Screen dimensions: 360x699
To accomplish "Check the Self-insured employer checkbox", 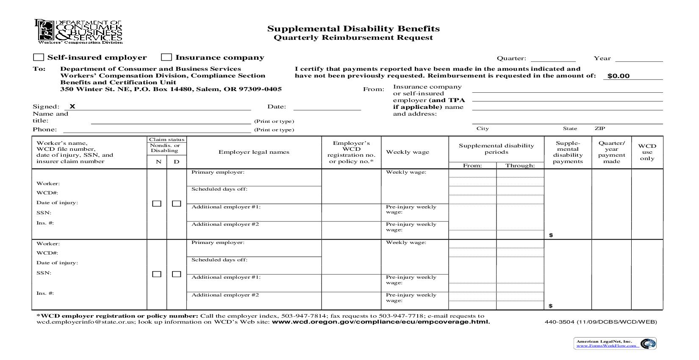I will tap(39, 58).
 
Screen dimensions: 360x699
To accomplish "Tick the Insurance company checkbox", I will tap(167, 58).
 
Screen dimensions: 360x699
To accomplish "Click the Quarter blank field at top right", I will tap(553, 58).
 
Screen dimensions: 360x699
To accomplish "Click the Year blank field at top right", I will tap(639, 58).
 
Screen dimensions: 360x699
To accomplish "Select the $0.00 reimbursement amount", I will tap(619, 76).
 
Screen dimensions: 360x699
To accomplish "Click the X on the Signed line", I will tap(72, 107).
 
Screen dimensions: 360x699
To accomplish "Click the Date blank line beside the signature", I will tap(327, 107).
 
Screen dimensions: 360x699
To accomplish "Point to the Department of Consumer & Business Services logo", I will tap(79, 32).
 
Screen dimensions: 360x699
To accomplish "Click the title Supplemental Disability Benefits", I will tap(353, 29).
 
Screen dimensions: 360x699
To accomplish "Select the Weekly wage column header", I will tap(408, 152).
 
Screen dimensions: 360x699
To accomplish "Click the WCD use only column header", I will tap(647, 152).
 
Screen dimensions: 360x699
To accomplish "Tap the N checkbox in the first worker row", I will tap(157, 204).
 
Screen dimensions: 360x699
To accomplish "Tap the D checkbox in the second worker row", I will tap(177, 274).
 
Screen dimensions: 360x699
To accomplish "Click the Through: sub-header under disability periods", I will tap(520, 166).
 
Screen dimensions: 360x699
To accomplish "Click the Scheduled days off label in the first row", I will tap(219, 189).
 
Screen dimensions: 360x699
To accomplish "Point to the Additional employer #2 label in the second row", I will tap(225, 295).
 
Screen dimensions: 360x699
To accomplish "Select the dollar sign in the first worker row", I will tap(551, 235).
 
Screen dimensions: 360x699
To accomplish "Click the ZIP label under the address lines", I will tap(599, 128).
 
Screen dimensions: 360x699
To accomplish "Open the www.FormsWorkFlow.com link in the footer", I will tap(606, 346).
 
